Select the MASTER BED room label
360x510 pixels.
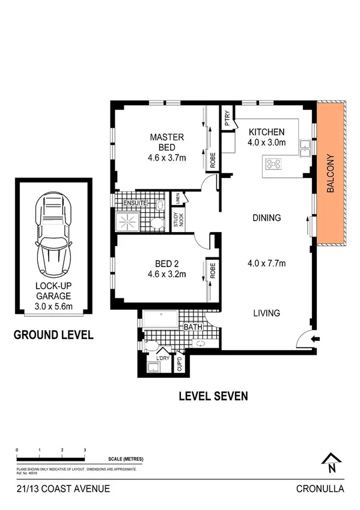(x=166, y=142)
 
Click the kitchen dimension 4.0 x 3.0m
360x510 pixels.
(x=267, y=143)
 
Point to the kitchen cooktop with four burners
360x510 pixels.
(x=275, y=163)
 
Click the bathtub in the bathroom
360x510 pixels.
(x=160, y=319)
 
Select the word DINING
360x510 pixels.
(x=267, y=218)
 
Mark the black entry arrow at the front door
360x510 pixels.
(x=314, y=339)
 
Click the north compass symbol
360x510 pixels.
(x=331, y=462)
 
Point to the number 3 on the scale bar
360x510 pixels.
(x=85, y=450)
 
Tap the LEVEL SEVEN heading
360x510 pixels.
(x=213, y=396)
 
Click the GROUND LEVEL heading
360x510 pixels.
(x=53, y=335)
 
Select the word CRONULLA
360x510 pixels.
(x=320, y=489)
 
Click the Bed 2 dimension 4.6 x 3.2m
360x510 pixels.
(x=166, y=274)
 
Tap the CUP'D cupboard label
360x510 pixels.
(x=178, y=364)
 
